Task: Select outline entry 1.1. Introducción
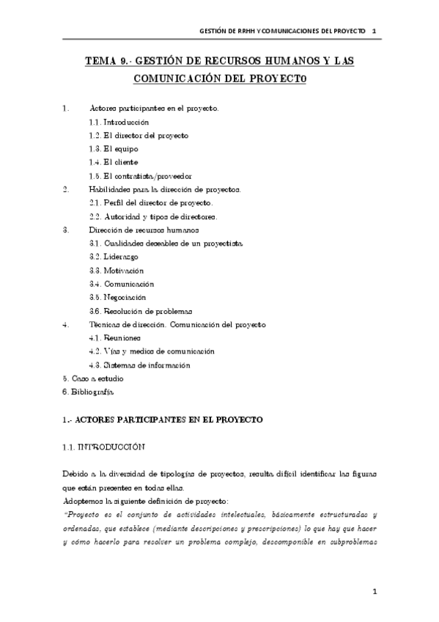(x=119, y=122)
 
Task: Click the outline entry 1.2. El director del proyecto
(x=138, y=135)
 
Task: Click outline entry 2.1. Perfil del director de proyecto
(x=150, y=202)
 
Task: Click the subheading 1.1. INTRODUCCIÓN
(x=103, y=446)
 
